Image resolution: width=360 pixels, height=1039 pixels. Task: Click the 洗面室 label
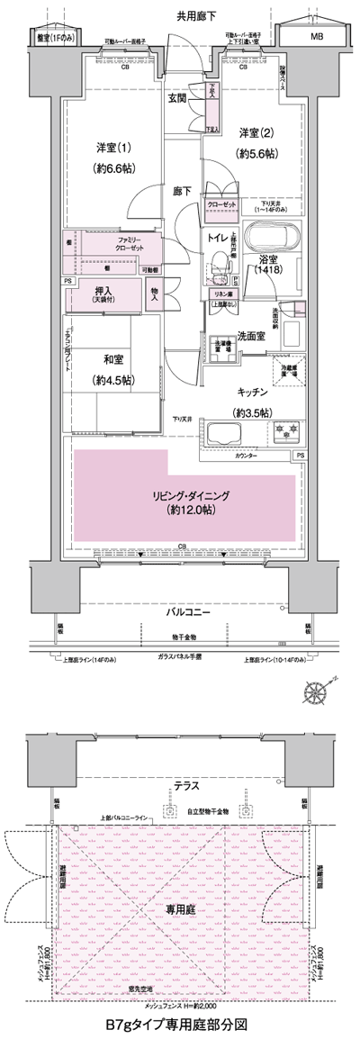(250, 335)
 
